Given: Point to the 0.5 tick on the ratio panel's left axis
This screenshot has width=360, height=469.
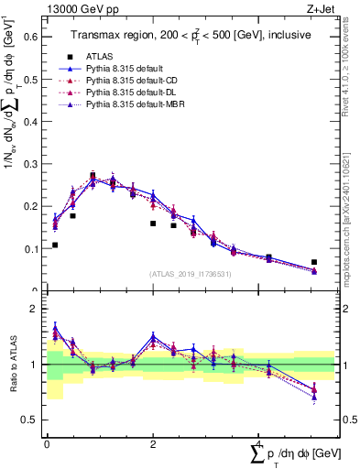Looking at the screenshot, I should pyautogui.click(x=34, y=420).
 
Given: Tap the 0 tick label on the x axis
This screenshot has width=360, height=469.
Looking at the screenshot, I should pyautogui.click(x=47, y=444).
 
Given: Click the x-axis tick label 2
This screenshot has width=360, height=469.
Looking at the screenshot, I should pyautogui.click(x=153, y=444).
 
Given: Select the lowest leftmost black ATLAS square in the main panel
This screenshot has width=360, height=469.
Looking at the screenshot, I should pyautogui.click(x=55, y=245).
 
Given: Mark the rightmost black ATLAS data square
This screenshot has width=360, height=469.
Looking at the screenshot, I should pyautogui.click(x=314, y=262).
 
